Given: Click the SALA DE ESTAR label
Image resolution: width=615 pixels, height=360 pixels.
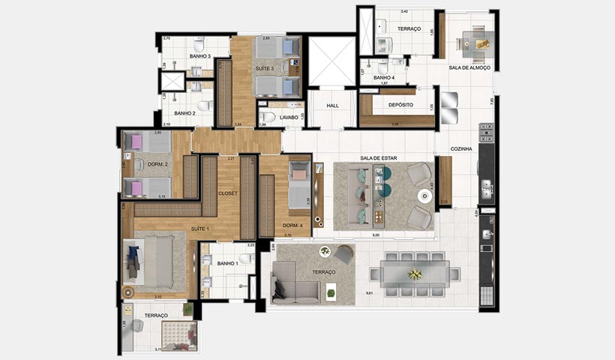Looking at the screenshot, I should coord(379,157).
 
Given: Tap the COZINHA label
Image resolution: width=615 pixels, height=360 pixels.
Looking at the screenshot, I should coord(461,149).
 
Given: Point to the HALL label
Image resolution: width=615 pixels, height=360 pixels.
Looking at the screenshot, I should coord(333,106).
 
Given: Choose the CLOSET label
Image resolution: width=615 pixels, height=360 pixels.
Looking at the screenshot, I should coord(228,193).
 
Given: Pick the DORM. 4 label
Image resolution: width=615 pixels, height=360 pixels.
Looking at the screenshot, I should coord(292,225).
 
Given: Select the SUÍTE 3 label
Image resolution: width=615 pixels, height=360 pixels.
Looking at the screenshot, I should coord(263,68).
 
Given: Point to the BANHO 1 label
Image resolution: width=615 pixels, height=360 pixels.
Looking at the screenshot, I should coord(227,263).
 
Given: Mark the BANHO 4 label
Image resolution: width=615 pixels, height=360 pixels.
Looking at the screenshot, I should coord(384,77).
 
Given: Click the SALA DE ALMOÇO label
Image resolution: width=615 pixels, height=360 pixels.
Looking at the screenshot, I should coord(469,67).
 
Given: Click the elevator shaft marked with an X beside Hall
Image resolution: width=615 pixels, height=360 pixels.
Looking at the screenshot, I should coord(330,61).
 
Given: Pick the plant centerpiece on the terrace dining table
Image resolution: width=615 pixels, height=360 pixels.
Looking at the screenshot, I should coord(414,274).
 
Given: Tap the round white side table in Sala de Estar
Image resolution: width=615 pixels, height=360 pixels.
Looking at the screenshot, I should coord(424,196).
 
